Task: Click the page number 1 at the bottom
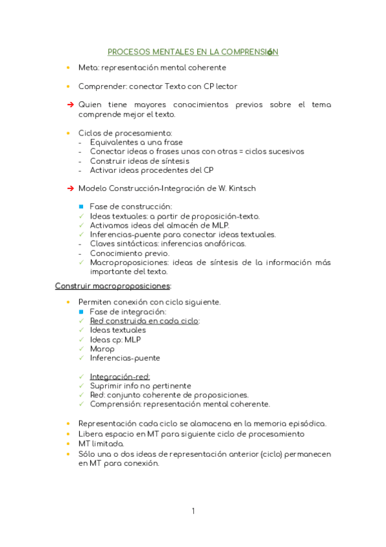(193, 512)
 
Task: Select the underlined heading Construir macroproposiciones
(113, 285)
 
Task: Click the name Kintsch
(246, 188)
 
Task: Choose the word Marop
(102, 348)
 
